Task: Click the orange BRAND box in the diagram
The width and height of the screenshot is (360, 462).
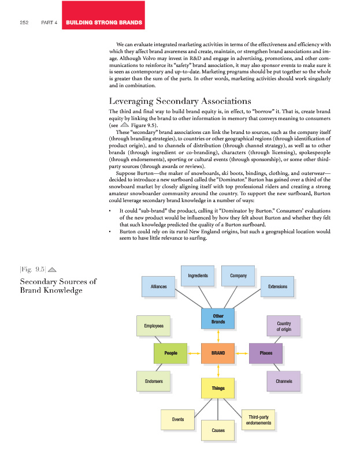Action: (x=218, y=352)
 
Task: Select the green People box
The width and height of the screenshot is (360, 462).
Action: (x=171, y=352)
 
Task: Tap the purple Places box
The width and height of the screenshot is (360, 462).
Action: (x=266, y=352)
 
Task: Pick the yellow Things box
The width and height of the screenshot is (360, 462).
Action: (x=218, y=388)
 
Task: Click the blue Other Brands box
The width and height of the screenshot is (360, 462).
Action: (x=218, y=318)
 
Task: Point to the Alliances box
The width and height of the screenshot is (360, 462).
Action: (x=158, y=286)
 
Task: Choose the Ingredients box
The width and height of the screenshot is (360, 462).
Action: (x=198, y=276)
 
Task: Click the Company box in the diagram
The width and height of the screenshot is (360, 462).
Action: (x=238, y=276)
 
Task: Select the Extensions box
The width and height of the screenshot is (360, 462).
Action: (x=278, y=286)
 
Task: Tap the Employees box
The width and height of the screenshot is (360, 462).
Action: (x=153, y=326)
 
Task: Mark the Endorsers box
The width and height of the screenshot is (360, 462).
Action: (x=153, y=382)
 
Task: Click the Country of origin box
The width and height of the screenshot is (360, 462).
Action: (x=284, y=326)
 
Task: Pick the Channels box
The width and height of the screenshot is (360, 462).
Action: (x=284, y=382)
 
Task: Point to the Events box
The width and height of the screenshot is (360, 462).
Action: (x=177, y=419)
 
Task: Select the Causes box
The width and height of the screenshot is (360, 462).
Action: (x=218, y=430)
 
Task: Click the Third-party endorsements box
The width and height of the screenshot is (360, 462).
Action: (x=257, y=420)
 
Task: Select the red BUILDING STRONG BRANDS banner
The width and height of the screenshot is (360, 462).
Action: (x=105, y=23)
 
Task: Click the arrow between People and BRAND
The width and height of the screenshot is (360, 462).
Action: (x=194, y=352)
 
